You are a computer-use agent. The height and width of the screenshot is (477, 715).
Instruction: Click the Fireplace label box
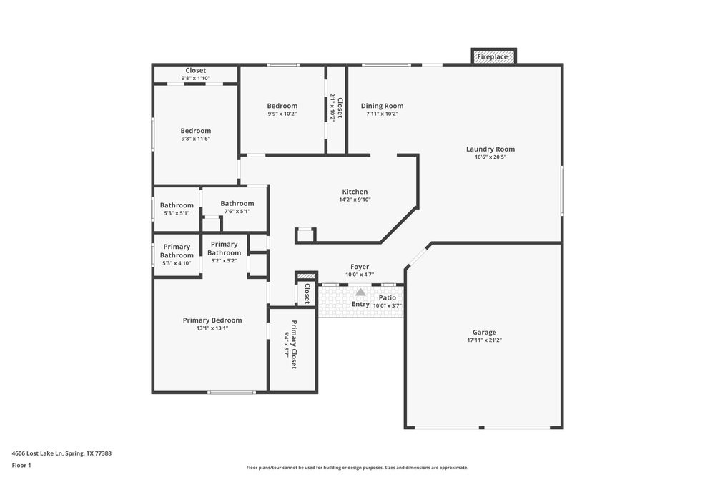click(493, 56)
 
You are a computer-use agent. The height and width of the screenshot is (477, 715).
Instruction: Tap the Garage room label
click(484, 332)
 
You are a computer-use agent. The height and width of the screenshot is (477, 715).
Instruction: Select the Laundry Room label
click(490, 149)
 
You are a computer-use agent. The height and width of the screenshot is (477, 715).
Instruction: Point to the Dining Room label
click(382, 106)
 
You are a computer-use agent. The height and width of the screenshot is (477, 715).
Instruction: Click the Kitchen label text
click(355, 192)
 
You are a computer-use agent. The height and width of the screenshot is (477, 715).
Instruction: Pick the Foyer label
click(360, 267)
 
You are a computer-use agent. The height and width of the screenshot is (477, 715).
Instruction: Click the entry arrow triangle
click(360, 292)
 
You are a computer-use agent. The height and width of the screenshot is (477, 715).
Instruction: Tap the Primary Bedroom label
click(212, 320)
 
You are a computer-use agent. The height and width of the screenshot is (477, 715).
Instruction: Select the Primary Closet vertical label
click(293, 345)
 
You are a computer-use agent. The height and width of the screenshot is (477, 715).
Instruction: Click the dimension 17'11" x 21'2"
click(484, 340)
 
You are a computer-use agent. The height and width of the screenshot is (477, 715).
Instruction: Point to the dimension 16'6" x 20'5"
click(490, 157)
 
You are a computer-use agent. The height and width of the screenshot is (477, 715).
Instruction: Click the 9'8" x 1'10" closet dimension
click(195, 78)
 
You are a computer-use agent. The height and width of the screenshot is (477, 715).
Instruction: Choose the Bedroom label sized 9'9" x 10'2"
click(282, 106)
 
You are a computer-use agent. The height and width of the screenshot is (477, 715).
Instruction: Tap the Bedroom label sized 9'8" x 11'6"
click(195, 131)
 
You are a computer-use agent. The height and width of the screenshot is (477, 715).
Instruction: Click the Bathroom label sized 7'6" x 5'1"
click(237, 203)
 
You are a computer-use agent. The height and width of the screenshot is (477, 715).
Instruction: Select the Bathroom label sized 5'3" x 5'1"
click(177, 205)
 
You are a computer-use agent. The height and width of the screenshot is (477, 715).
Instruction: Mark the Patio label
click(387, 297)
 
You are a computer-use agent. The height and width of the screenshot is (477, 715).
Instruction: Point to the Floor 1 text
click(22, 465)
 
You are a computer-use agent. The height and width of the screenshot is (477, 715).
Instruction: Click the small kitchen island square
click(305, 235)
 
